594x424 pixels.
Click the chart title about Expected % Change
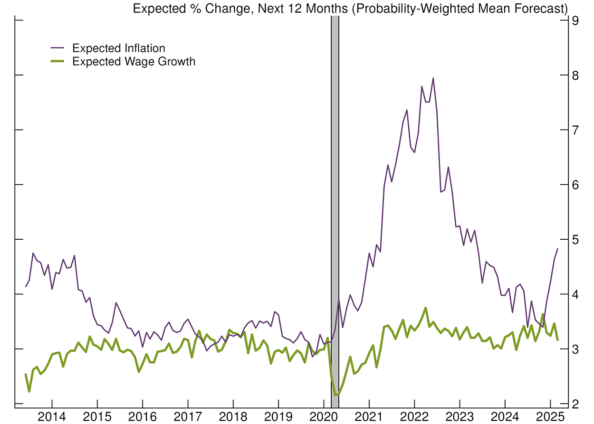(x=344, y=8)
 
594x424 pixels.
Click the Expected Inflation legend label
(x=118, y=48)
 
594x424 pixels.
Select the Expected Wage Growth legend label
(x=134, y=61)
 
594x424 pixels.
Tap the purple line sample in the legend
(x=57, y=48)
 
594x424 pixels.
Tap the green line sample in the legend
(x=57, y=61)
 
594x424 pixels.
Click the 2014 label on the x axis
(x=52, y=416)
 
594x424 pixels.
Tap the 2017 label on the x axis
(x=188, y=416)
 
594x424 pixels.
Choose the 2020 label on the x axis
(x=324, y=416)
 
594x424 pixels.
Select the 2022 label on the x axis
(x=414, y=416)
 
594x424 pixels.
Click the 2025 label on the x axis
(x=550, y=416)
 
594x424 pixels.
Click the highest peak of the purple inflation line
(x=433, y=78)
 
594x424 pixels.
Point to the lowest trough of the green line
(x=335, y=395)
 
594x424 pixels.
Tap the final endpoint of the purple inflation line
(x=557, y=249)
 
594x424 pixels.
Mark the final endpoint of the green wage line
(x=557, y=339)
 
